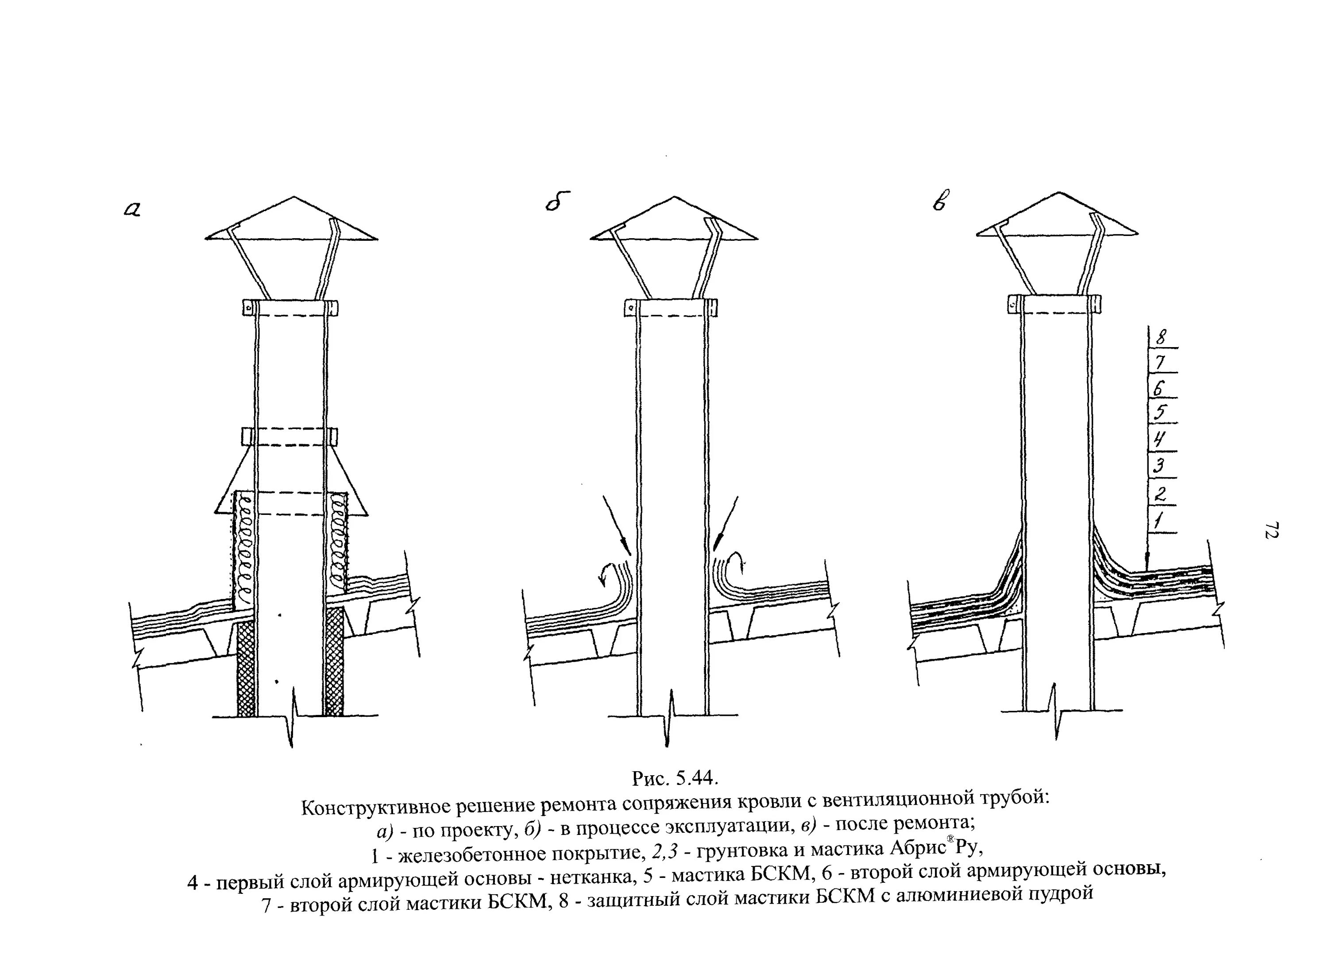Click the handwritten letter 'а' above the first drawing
(133, 209)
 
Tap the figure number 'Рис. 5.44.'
(675, 778)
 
